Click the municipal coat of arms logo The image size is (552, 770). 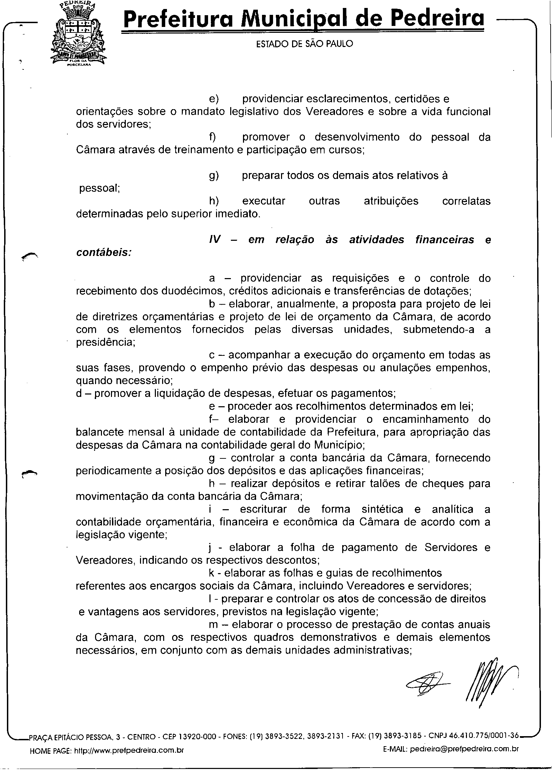pyautogui.click(x=78, y=35)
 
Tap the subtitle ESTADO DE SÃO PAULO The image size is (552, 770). pyautogui.click(x=305, y=44)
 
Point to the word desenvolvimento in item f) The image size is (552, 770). pyautogui.click(x=357, y=137)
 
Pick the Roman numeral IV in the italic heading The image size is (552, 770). pyautogui.click(x=215, y=240)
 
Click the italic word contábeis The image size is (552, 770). pyautogui.click(x=104, y=253)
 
